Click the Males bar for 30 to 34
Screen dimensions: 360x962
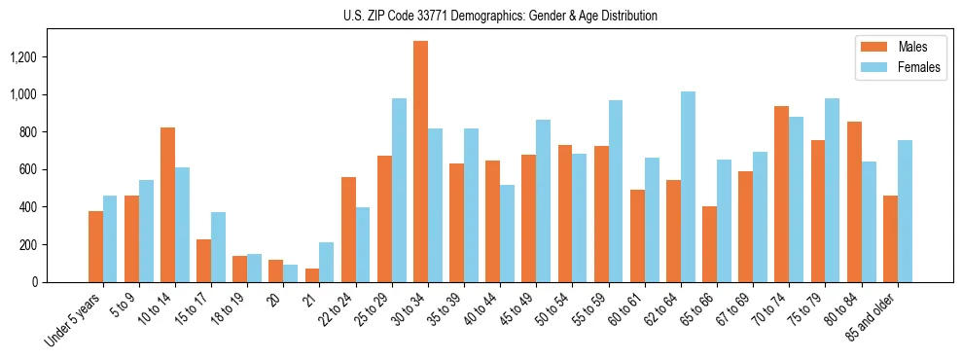tap(420, 162)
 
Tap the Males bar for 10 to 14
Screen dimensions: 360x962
tap(167, 204)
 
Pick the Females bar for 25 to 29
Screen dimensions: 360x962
tap(399, 190)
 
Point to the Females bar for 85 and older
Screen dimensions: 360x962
tap(905, 211)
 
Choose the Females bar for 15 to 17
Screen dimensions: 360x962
tap(218, 247)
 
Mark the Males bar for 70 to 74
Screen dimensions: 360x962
tap(781, 194)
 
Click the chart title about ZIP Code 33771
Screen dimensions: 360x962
tap(500, 16)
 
